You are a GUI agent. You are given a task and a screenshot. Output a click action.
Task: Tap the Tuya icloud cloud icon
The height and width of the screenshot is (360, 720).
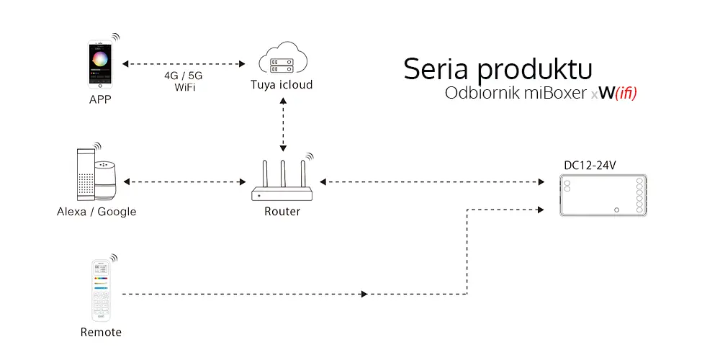(282, 61)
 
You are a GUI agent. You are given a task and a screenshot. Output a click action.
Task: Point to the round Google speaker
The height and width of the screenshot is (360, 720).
(109, 180)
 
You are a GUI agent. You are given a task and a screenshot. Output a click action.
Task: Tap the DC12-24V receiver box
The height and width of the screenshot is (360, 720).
(603, 195)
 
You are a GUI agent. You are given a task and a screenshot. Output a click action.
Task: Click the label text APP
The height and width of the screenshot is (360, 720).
(100, 99)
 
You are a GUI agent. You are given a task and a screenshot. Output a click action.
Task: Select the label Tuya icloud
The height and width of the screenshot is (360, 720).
(282, 86)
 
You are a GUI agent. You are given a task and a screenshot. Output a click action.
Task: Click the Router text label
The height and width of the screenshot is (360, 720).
(282, 212)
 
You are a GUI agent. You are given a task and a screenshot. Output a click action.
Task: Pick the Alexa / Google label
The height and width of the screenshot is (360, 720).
(96, 212)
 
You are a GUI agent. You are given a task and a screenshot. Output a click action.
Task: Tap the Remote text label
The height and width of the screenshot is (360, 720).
(101, 332)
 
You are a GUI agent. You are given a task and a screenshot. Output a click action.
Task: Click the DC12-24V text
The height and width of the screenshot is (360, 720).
(589, 166)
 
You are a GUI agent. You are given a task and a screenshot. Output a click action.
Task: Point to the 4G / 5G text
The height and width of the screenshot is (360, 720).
(184, 75)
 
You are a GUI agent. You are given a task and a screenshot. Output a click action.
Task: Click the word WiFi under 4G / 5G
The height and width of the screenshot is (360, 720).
(184, 87)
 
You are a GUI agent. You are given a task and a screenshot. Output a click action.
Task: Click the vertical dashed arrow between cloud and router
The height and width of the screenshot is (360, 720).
(282, 125)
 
